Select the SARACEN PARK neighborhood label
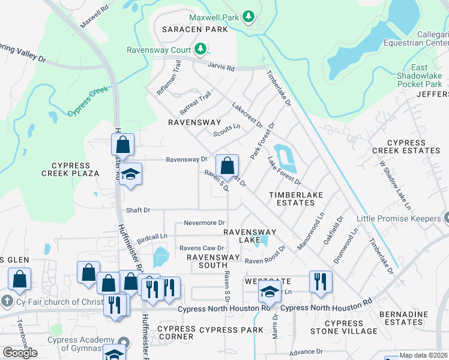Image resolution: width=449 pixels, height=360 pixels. [x=194, y=29]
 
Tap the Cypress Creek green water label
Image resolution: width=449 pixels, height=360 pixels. [x=88, y=101]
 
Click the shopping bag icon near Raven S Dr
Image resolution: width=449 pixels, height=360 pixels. [x=228, y=166]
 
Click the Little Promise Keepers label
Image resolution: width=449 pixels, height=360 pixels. [x=399, y=218]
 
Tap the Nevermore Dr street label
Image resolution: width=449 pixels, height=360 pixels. [x=204, y=223]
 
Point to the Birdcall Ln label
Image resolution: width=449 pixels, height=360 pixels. [x=151, y=238]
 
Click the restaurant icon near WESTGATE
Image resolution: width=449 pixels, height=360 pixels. [x=320, y=282]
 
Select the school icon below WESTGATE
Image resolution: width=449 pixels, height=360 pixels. [x=270, y=293]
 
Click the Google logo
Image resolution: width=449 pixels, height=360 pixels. [x=20, y=353]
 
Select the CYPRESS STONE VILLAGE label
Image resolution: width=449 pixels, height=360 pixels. [x=345, y=327]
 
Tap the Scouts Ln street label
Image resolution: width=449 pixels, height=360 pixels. [x=226, y=130]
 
